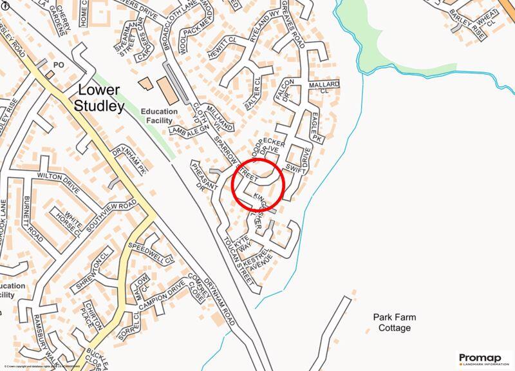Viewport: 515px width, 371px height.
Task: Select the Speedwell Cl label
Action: pos(151,253)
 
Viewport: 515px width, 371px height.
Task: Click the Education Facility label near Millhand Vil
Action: pos(159,115)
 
